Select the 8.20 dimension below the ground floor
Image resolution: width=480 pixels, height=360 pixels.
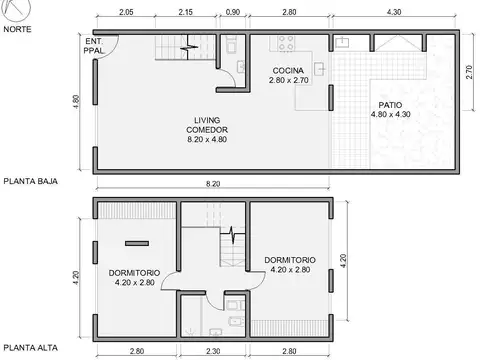click(213, 185)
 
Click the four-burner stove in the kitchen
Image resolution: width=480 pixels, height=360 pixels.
click(285, 45)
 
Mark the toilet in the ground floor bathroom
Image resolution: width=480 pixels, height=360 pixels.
click(231, 44)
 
